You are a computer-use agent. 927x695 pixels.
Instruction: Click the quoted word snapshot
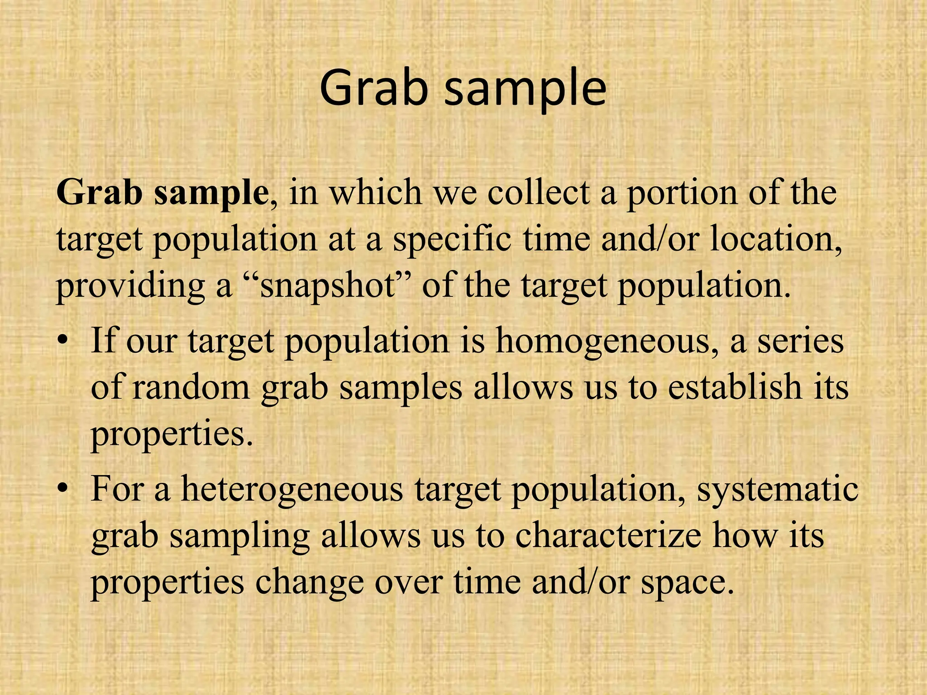330,287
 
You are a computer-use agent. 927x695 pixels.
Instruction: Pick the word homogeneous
607,343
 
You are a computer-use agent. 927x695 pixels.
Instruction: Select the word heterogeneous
291,490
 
